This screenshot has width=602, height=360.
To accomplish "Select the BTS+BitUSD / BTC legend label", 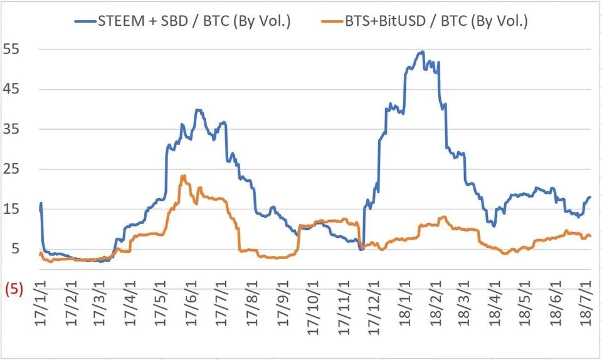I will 436,21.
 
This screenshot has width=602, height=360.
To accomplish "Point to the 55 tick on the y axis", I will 14,49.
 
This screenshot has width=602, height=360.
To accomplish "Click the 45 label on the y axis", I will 14,89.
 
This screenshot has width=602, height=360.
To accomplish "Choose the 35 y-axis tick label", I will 14,129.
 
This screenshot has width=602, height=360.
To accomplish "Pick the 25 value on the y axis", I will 14,169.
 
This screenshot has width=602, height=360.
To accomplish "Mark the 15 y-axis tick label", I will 14,209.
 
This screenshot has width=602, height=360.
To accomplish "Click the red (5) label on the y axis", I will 14,290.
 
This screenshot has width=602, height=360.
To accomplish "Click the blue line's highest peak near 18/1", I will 423,51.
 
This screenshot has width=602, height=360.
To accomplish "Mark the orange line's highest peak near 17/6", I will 183,176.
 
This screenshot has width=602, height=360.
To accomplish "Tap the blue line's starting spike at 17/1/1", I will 41,203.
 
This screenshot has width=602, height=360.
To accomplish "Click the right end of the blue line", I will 589,197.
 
